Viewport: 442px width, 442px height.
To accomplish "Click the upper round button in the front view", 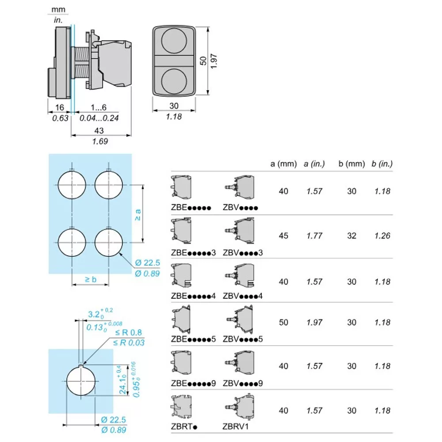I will tap(172, 42).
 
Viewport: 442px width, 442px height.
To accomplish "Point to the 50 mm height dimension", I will tap(202, 61).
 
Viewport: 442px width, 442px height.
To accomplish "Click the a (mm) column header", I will tap(283, 164).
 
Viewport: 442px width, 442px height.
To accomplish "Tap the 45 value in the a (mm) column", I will tap(283, 236).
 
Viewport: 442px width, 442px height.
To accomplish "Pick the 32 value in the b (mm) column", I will tap(351, 236).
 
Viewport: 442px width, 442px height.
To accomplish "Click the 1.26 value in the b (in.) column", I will tap(382, 236).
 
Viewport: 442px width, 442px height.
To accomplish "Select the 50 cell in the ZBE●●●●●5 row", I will tap(283, 322).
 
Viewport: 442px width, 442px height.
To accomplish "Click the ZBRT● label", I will tap(183, 427).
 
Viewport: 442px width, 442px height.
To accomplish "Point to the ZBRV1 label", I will tap(236, 427).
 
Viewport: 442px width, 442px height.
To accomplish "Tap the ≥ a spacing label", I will tap(138, 215).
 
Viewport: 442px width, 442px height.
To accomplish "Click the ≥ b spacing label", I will tap(91, 279).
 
